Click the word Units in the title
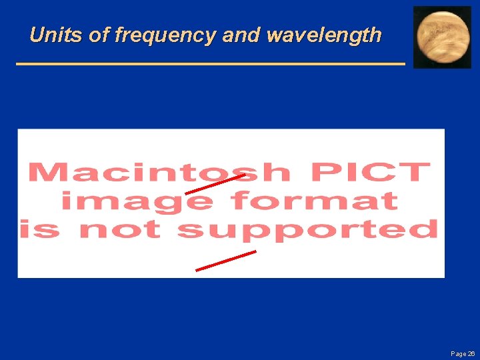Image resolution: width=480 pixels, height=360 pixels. coord(56,35)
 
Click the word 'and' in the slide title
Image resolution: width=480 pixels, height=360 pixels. coord(241,35)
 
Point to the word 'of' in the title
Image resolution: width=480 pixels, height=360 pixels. coord(99,35)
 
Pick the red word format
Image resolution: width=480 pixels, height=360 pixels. coord(314,201)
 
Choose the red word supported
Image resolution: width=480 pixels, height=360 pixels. coord(307,230)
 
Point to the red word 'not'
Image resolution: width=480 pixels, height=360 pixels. coord(120,230)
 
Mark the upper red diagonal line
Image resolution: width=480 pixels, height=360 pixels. coord(215,184)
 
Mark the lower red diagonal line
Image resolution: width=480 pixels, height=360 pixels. coord(225,261)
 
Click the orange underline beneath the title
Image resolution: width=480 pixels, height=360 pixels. coord(210,63)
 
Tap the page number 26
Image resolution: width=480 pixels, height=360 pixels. coord(471,353)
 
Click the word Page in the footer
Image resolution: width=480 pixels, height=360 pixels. coord(458,353)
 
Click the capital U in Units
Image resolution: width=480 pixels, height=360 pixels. coord(37,35)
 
